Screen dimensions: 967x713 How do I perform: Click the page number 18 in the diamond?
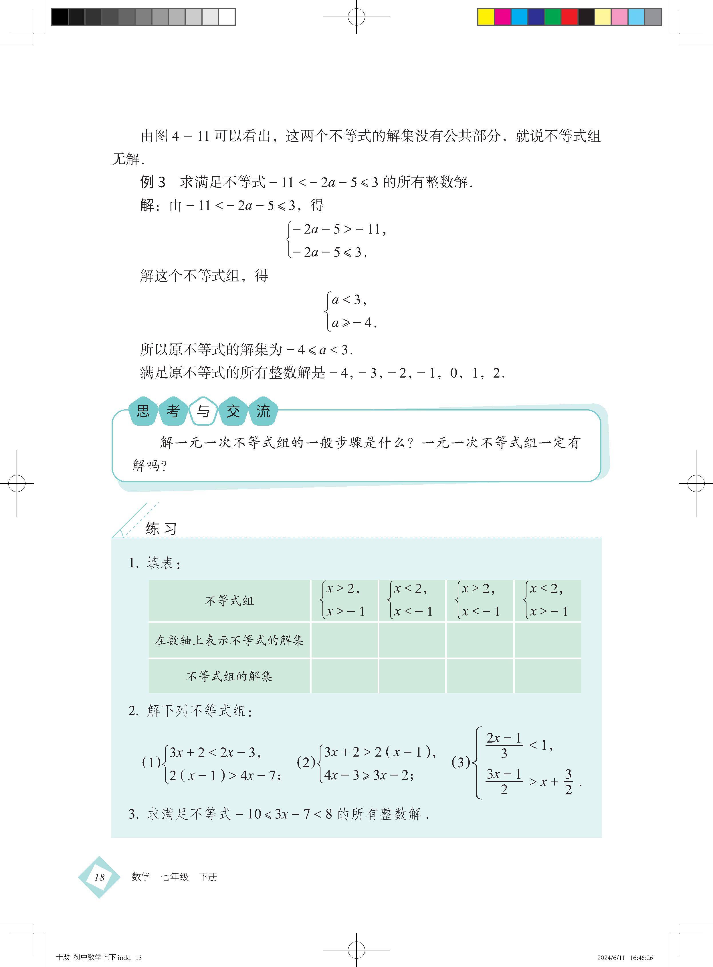(99, 877)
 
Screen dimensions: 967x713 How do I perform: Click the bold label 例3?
(152, 182)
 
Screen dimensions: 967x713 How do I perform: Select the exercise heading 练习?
(161, 528)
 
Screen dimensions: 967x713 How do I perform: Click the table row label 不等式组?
(229, 601)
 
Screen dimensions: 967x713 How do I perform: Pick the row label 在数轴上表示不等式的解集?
(229, 640)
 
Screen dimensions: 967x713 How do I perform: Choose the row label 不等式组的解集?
(229, 676)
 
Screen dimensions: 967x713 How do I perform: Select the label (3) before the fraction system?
(461, 762)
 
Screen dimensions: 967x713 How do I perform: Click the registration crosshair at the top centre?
(356, 17)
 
